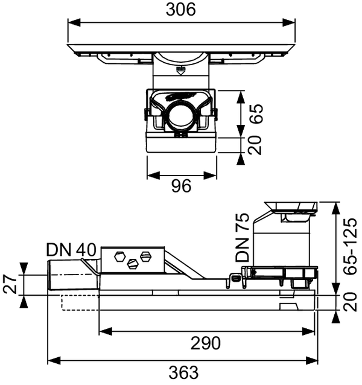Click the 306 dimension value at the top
[x=182, y=10]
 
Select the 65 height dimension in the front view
[x=258, y=113]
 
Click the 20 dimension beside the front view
[x=258, y=145]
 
